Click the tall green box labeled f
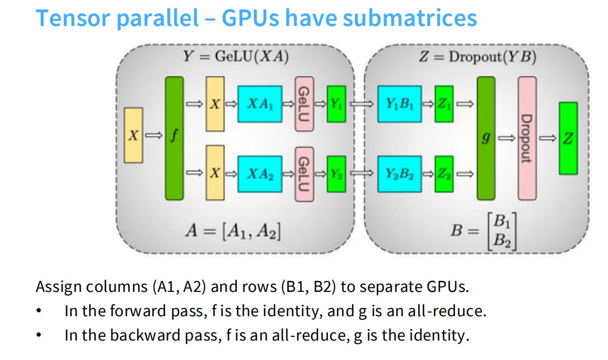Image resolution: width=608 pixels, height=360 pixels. pos(175,138)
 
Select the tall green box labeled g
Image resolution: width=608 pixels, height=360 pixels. pos(486,138)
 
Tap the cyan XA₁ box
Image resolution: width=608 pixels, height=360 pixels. pos(260,104)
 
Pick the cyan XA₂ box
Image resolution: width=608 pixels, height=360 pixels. pos(260,174)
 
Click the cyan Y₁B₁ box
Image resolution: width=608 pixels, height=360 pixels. pos(399,104)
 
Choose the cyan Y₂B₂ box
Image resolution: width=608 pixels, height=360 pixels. pos(399,174)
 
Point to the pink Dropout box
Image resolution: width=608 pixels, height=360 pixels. pos(527,138)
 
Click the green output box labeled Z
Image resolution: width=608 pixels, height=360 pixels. pos(569,138)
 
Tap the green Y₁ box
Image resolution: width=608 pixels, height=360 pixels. pos(336,104)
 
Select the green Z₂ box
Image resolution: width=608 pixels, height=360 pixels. pos(444,174)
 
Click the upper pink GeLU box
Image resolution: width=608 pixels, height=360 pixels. pos(305,104)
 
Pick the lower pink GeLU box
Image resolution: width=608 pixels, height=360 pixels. pos(305,174)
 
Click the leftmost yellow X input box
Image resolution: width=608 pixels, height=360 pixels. pos(134,135)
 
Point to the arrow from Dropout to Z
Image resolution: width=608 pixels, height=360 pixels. pos(548,138)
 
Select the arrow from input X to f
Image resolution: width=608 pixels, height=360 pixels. pos(154,135)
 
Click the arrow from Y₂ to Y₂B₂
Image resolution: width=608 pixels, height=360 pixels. pos(361,174)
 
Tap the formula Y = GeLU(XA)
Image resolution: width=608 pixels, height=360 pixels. pos(236,57)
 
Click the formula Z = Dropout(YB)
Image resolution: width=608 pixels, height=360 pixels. pos(478,57)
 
